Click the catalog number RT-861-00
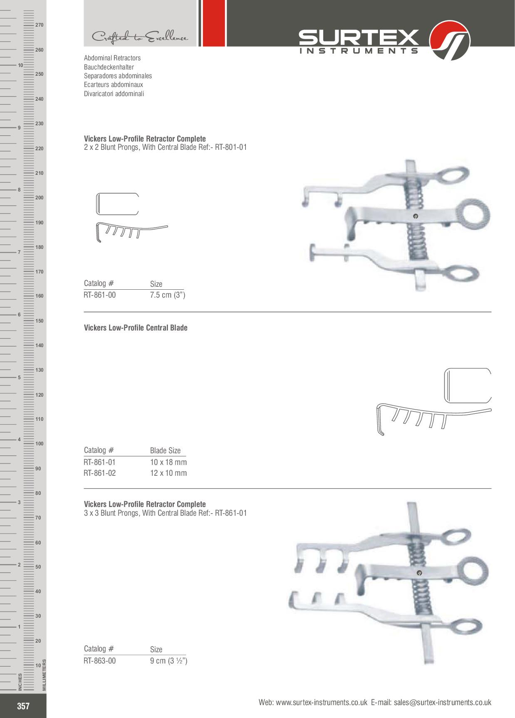point(100,295)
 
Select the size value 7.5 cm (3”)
point(168,295)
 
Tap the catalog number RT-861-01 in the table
point(100,462)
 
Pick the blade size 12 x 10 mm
point(168,473)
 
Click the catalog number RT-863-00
point(100,661)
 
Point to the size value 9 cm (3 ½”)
point(169,661)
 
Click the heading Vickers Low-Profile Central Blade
point(136,328)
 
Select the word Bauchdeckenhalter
point(109,67)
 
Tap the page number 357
point(23,706)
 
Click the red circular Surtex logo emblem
point(449,41)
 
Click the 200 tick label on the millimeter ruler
point(40,198)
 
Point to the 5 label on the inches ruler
point(19,378)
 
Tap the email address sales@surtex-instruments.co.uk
point(443,702)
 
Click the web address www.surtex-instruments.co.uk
point(322,702)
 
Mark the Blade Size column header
point(166,451)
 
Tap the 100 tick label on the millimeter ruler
point(40,444)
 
